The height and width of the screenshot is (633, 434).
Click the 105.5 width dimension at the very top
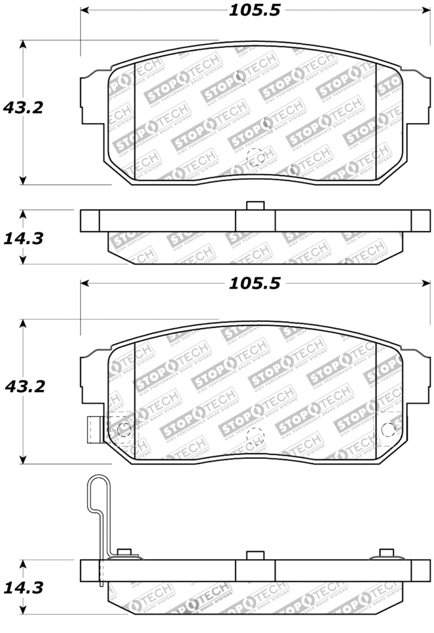click(254, 10)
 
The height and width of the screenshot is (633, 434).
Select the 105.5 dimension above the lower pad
click(254, 283)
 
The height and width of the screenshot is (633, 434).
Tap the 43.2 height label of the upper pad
click(23, 107)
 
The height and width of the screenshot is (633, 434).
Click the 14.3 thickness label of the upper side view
click(23, 238)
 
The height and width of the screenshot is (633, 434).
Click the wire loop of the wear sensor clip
click(99, 494)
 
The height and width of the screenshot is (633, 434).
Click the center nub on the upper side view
click(255, 206)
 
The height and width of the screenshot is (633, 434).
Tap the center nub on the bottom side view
click(255, 555)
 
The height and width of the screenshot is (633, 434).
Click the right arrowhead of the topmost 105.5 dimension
click(425, 10)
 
